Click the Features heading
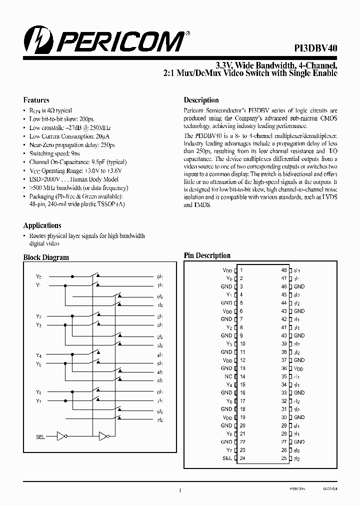pos(36,100)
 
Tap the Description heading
pos(201,100)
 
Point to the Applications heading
pos(42,225)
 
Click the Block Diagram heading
pos(46,257)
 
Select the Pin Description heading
pos(207,255)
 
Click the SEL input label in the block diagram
pos(40,437)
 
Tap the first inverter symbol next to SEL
pos(62,436)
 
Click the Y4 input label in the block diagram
pos(38,355)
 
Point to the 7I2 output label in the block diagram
pos(160,419)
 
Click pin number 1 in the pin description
pos(241,270)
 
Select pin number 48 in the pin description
pos(283,270)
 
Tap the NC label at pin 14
pos(228,376)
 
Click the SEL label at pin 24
pos(227,457)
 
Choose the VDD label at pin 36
pos(299,368)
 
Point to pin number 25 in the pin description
pos(283,457)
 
